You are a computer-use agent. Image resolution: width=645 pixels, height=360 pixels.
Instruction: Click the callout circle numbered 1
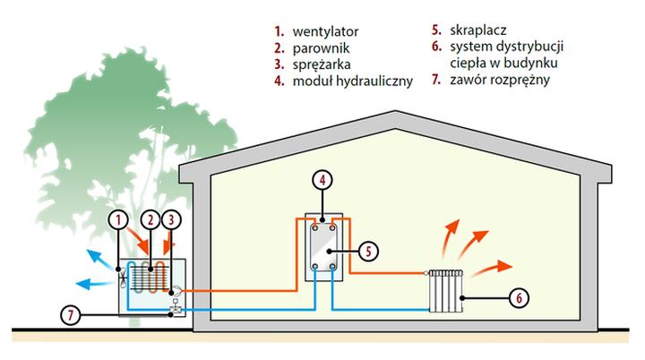(x=117, y=219)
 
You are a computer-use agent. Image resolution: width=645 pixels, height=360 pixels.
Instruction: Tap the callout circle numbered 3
(x=174, y=219)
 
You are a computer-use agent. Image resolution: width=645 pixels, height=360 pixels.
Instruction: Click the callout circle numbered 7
(x=71, y=314)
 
